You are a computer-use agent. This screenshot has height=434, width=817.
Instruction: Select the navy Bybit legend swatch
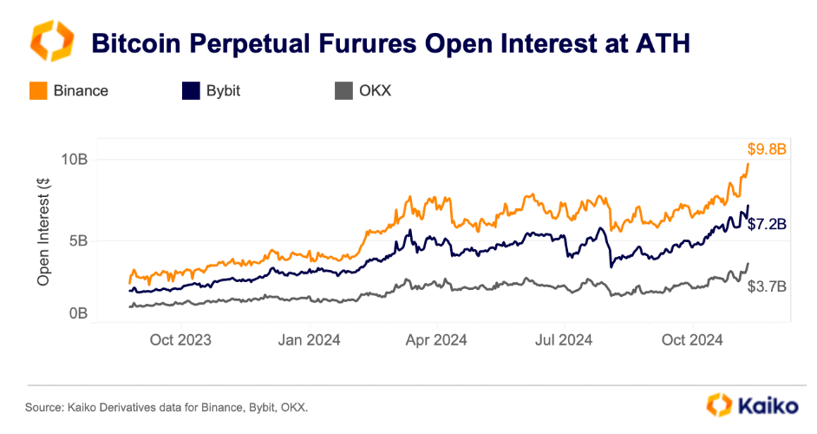click(x=190, y=90)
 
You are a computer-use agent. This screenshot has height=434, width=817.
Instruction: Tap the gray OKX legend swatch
click(x=343, y=90)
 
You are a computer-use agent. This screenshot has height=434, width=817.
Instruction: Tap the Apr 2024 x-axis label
click(x=437, y=340)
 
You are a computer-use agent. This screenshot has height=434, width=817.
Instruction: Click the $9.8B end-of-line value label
click(x=767, y=149)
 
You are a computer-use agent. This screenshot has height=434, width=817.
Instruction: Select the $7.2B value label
click(x=767, y=224)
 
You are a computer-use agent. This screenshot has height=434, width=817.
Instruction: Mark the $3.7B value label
click(x=767, y=286)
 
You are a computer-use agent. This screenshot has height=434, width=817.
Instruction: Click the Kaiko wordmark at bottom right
click(x=762, y=404)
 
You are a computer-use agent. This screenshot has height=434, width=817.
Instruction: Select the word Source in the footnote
click(x=40, y=406)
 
